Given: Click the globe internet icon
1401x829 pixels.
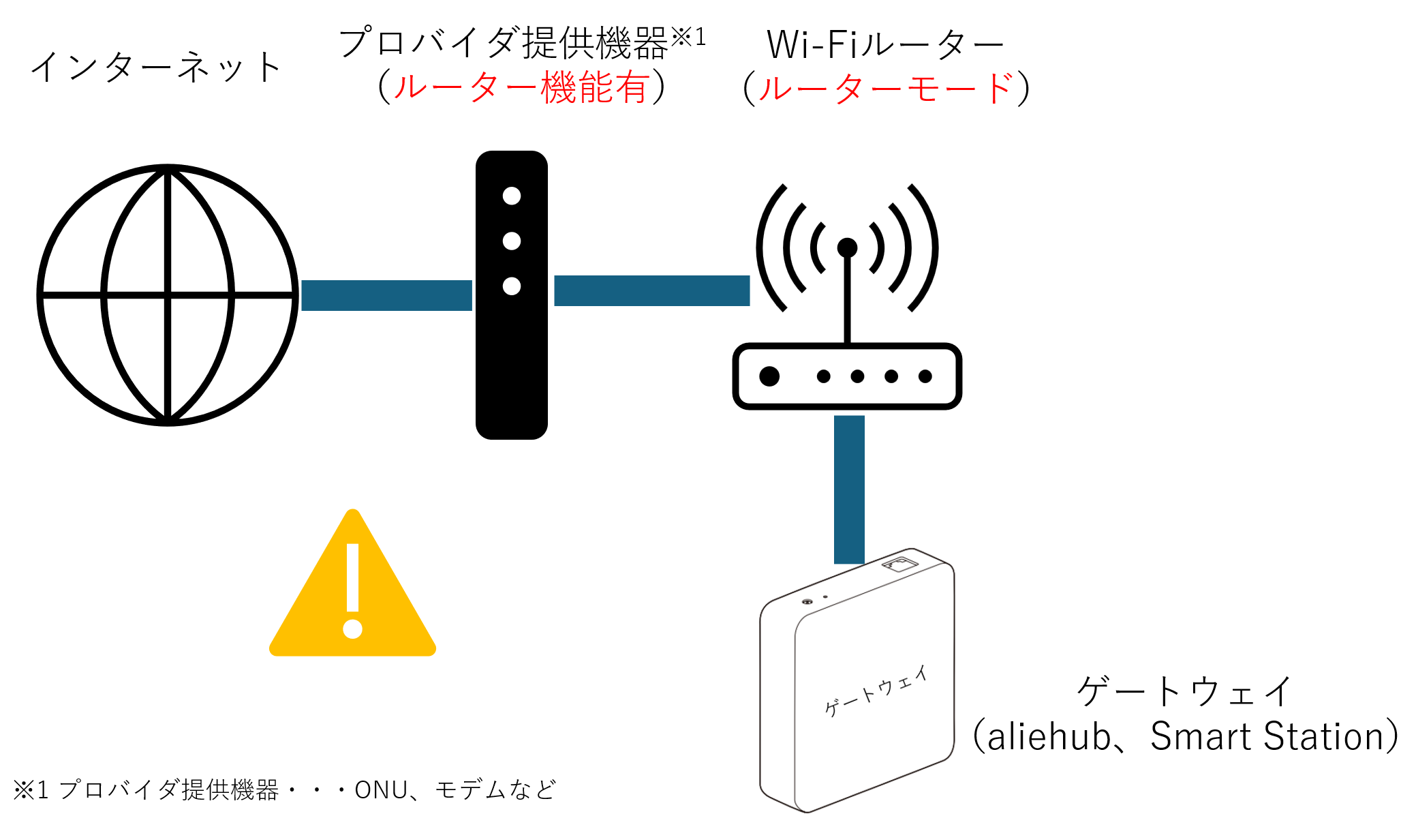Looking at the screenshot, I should tap(168, 295).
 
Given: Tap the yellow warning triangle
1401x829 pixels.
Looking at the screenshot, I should tap(352, 593).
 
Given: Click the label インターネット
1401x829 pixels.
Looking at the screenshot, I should tap(156, 67).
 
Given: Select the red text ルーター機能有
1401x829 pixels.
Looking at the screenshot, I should tap(521, 88).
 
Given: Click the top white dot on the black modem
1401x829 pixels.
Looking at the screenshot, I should tap(512, 196).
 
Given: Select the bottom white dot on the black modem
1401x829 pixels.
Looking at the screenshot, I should tap(512, 286).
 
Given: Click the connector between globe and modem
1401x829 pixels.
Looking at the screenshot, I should tap(386, 295).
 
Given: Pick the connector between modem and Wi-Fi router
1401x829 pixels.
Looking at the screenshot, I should tap(651, 290).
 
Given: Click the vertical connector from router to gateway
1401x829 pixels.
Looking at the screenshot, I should tap(849, 489).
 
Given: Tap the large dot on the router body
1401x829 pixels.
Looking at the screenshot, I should tap(769, 376).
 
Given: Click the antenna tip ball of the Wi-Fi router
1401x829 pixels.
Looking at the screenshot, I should tap(847, 247).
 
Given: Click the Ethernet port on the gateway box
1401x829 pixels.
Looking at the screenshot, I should tap(899, 564).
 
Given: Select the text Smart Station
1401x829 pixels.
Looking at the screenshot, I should tap(1267, 737).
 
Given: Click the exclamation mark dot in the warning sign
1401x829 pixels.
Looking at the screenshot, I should tap(352, 629).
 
